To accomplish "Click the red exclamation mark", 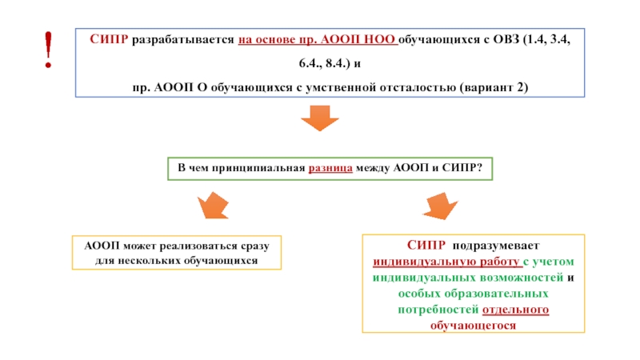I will (x=49, y=50).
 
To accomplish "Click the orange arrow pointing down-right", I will (x=438, y=206).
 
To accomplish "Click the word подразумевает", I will (x=496, y=246).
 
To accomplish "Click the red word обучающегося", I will (x=472, y=326).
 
